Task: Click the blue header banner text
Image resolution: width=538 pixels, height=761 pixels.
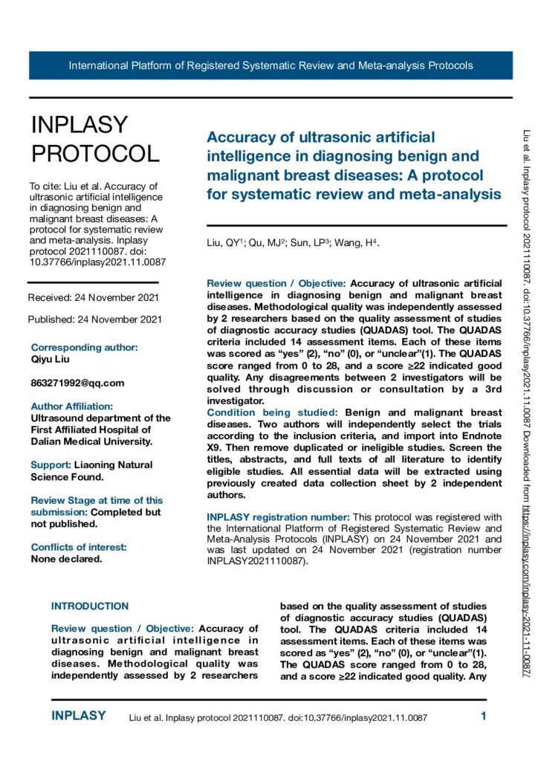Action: [270, 65]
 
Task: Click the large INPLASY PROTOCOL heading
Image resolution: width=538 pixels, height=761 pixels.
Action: [94, 139]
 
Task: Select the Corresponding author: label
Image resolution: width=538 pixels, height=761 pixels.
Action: [84, 347]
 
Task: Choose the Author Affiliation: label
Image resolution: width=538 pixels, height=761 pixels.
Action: [72, 407]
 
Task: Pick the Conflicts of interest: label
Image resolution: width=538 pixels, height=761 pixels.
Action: [79, 526]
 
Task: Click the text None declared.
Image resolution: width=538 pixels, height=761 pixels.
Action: [66, 538]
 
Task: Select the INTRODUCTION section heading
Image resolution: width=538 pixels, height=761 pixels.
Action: [90, 606]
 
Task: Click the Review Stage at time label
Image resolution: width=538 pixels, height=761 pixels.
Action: [97, 501]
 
